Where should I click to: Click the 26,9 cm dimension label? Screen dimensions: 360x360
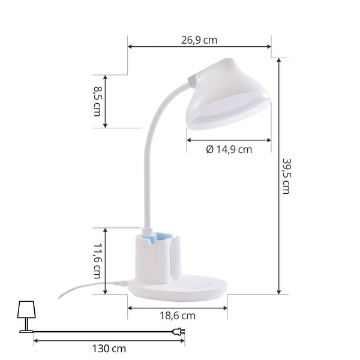199,40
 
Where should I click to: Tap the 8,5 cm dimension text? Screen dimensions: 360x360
97,101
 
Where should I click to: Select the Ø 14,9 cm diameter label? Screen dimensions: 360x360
229,149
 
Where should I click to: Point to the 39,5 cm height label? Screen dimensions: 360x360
286,176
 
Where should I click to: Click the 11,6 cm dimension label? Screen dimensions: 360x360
97,261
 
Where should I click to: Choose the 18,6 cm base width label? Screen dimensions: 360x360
178,316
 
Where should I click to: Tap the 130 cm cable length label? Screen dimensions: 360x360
109,349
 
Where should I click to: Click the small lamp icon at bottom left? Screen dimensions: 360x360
26,317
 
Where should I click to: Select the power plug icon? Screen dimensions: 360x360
178,332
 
